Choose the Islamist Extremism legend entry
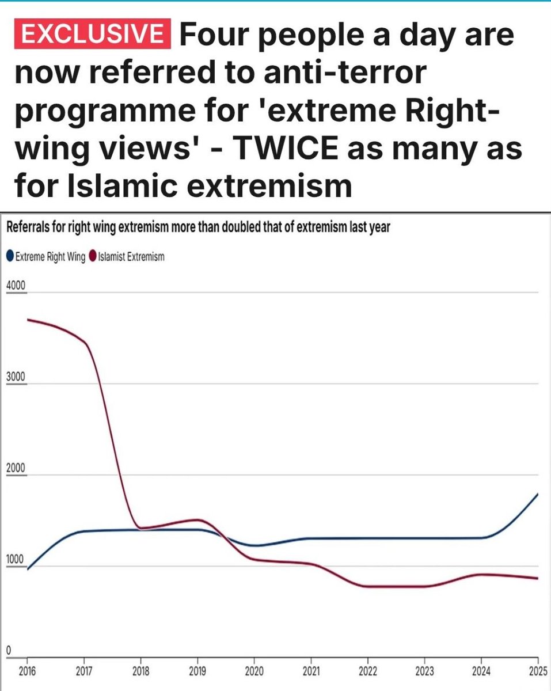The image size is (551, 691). pyautogui.click(x=127, y=257)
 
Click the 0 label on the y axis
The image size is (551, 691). pyautogui.click(x=9, y=650)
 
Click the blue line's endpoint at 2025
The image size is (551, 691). pyautogui.click(x=538, y=494)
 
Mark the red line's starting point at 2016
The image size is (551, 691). pyautogui.click(x=28, y=320)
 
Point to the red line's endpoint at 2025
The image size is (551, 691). pyautogui.click(x=538, y=578)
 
